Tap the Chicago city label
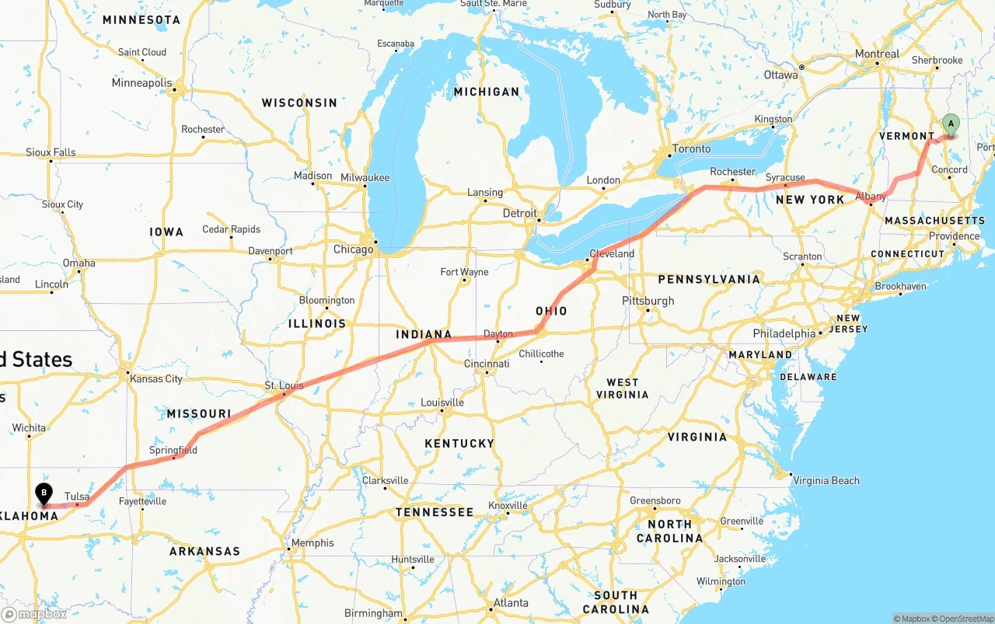tap(353, 249)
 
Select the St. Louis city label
tap(284, 385)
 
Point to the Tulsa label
tap(76, 496)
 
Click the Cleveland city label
tap(613, 253)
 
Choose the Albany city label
tap(871, 197)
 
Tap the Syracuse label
tap(785, 177)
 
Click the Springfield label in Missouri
tap(173, 450)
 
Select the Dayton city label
tap(498, 334)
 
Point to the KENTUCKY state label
tap(459, 443)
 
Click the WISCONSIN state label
tap(299, 103)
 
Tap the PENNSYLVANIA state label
tap(709, 279)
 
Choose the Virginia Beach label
tap(826, 480)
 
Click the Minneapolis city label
tap(141, 82)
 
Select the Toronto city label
tap(691, 148)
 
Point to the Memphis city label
tap(314, 543)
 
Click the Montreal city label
tap(877, 54)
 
